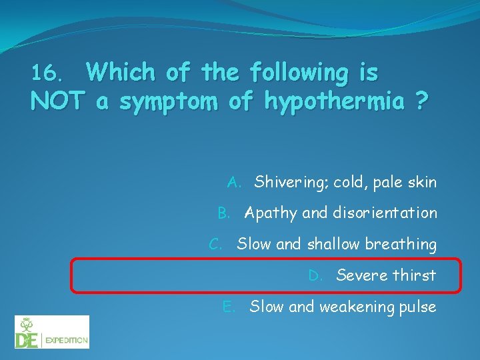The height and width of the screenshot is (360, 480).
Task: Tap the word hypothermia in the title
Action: tap(334, 101)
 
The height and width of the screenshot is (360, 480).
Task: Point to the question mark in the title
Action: tap(421, 101)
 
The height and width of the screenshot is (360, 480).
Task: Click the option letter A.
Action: tap(234, 182)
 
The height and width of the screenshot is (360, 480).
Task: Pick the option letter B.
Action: tap(224, 213)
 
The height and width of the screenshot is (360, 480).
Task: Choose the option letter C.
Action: tap(216, 245)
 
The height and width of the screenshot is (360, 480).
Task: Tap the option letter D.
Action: tap(315, 275)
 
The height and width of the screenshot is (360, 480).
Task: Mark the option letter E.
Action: tap(228, 307)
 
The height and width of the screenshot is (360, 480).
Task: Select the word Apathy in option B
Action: tap(271, 214)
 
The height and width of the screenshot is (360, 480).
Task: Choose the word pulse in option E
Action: tap(418, 307)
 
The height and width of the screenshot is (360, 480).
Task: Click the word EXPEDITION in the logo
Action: tap(66, 341)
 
